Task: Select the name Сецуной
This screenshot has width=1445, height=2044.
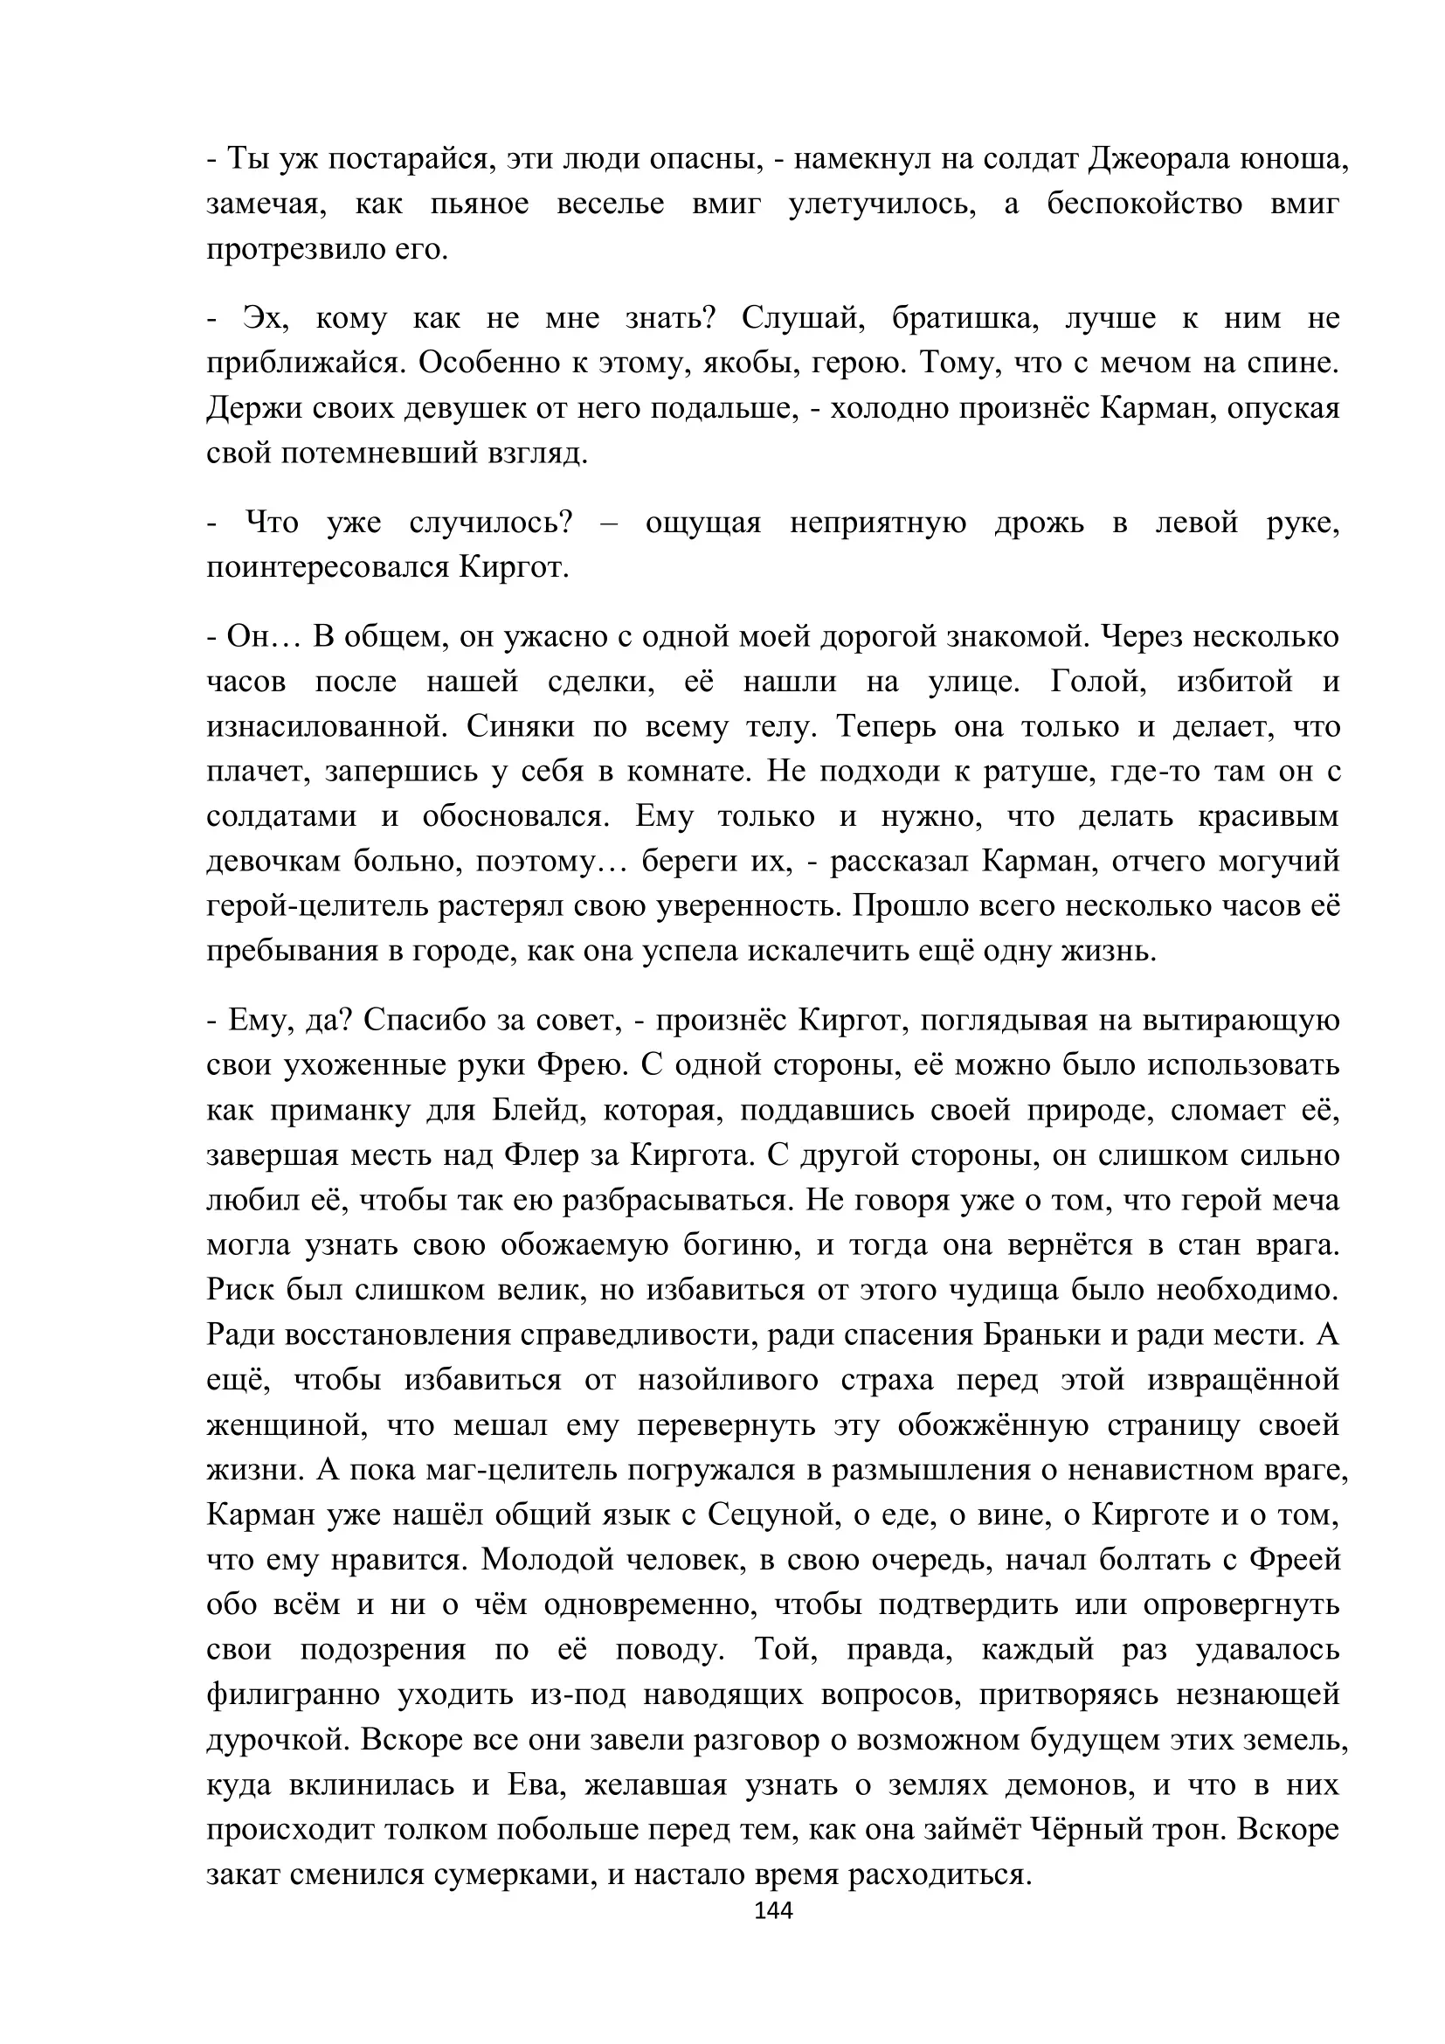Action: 773,1514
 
